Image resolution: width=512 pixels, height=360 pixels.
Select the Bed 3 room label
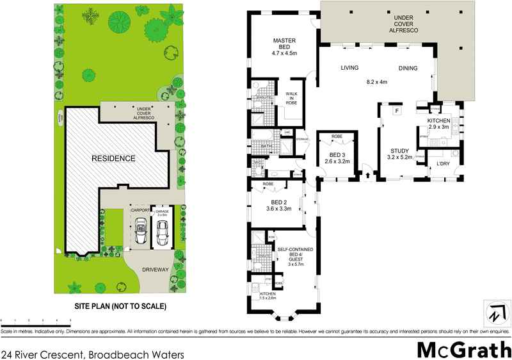pyautogui.click(x=337, y=155)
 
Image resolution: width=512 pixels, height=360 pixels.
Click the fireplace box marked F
pyautogui.click(x=397, y=111)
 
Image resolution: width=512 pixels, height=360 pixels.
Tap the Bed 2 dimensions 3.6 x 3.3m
pyautogui.click(x=279, y=208)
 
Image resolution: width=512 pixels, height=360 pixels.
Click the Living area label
pyautogui.click(x=349, y=68)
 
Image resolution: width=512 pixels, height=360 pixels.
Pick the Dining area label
pyautogui.click(x=408, y=69)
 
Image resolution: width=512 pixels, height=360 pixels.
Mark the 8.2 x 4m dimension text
pyautogui.click(x=377, y=82)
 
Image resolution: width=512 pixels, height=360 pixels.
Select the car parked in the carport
pyautogui.click(x=141, y=229)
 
